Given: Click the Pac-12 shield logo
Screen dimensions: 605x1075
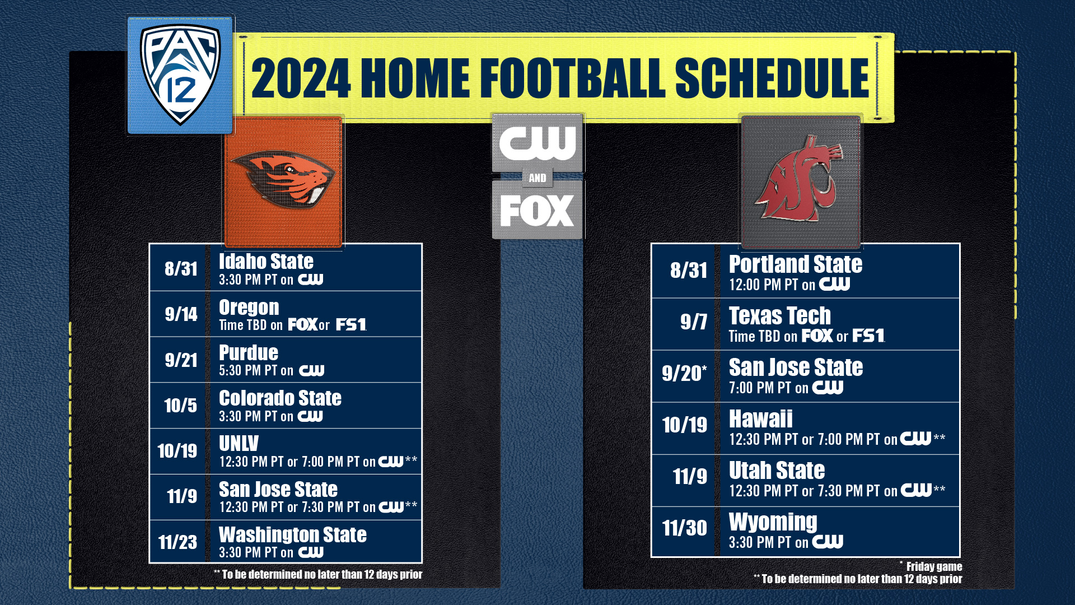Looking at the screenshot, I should click(x=180, y=75).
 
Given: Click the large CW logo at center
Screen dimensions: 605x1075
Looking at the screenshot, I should click(x=537, y=143).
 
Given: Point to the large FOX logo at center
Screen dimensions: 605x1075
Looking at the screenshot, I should click(x=537, y=211).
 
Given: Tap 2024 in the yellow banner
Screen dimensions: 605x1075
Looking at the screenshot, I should click(x=301, y=78).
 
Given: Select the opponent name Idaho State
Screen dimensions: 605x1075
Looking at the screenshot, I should click(x=266, y=262).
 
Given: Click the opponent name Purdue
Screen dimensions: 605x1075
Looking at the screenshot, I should click(x=249, y=353).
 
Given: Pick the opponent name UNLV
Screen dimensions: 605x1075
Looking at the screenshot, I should click(x=239, y=444).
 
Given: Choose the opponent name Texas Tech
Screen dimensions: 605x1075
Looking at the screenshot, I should click(x=779, y=316).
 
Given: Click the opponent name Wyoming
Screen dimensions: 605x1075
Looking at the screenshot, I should click(x=773, y=522).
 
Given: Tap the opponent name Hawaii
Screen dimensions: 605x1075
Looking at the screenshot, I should click(x=760, y=419).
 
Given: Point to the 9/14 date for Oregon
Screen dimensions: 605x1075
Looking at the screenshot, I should click(x=181, y=314).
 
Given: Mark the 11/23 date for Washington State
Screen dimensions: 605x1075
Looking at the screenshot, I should click(x=177, y=542).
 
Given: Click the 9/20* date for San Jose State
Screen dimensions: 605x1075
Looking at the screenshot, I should click(x=684, y=373).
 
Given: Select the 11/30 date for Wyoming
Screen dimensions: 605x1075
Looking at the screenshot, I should click(x=684, y=528).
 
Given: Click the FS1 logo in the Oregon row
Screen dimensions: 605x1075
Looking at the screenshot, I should click(x=350, y=325).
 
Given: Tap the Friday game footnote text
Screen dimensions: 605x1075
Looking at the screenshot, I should click(x=933, y=567).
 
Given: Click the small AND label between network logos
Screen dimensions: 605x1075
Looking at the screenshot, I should click(x=537, y=178).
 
